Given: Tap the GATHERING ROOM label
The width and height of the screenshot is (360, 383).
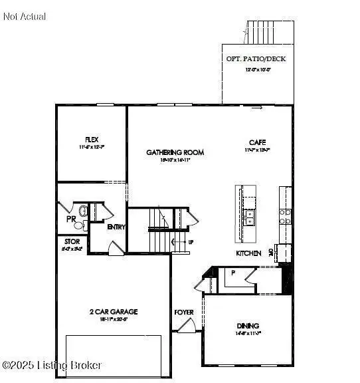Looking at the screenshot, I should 175,152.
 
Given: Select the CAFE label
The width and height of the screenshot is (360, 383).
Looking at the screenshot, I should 258,142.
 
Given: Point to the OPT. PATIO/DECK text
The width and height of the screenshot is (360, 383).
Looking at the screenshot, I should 256,59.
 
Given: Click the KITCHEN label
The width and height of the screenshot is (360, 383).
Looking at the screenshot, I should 247,253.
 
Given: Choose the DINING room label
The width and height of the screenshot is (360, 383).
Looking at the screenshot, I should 248,325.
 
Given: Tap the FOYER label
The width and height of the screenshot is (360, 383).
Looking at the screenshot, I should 183,311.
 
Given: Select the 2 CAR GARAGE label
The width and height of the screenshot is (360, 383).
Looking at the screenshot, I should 113,311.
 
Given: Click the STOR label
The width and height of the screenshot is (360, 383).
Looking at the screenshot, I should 72,241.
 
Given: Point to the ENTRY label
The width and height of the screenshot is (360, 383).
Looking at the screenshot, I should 117,227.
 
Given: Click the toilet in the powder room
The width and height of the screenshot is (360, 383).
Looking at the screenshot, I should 82,211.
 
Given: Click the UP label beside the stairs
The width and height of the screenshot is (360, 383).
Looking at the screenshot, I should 191,242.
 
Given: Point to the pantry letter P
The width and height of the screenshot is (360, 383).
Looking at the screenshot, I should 233,273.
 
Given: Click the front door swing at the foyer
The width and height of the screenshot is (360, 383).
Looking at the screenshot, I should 186,326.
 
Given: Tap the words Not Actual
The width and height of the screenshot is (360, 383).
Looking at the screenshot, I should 25,16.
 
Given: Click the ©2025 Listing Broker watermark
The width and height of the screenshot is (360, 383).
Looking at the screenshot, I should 52,365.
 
